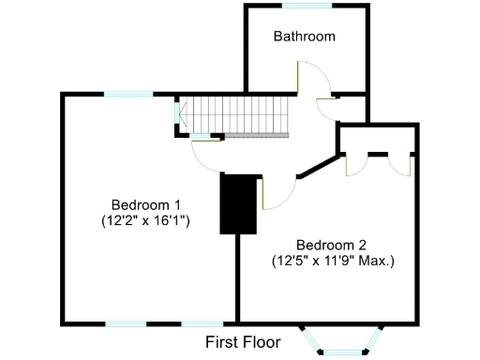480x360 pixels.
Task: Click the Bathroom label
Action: [x=305, y=37]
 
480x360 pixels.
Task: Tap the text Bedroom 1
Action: [x=145, y=205]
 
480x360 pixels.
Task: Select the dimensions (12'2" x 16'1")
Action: [x=145, y=222]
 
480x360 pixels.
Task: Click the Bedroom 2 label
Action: [x=331, y=244]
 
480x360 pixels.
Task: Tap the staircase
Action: [x=238, y=116]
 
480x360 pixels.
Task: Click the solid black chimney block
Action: [x=238, y=204]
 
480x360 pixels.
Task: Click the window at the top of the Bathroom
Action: [x=307, y=7]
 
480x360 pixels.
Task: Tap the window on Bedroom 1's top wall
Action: [x=127, y=94]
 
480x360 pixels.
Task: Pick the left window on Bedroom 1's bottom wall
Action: [x=125, y=323]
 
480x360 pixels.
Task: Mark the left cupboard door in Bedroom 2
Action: [x=356, y=164]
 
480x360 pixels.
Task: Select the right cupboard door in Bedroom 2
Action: [x=401, y=164]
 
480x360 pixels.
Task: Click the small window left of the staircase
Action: [x=177, y=112]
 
